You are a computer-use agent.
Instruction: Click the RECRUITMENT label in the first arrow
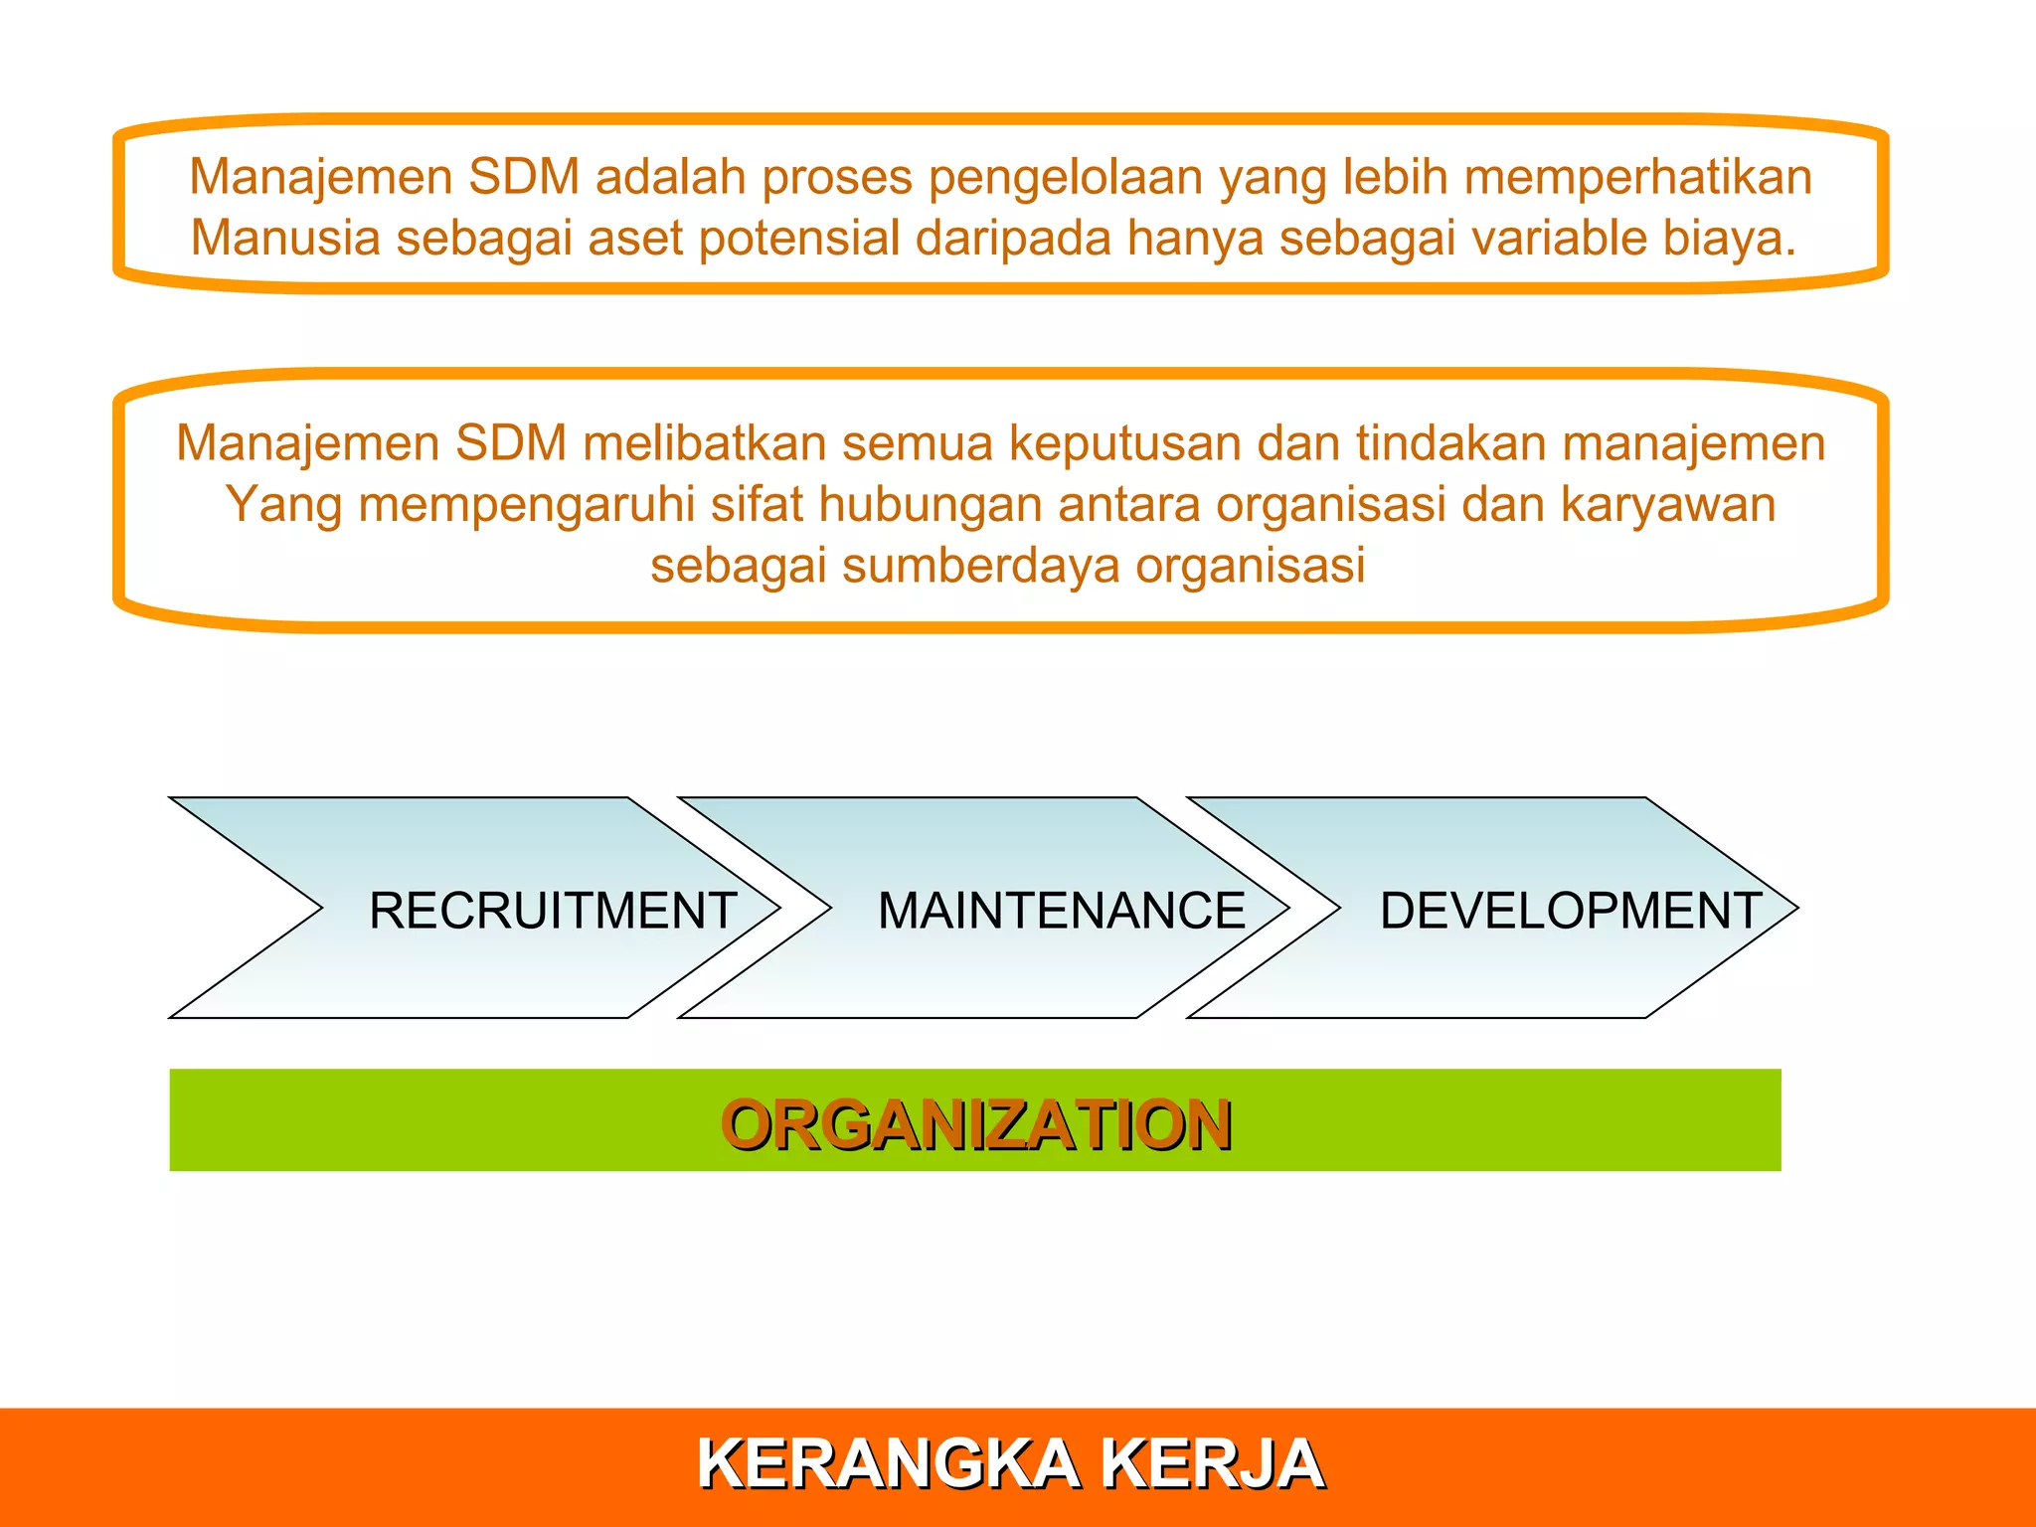tap(553, 911)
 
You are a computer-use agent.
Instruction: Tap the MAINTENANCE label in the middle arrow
tap(1061, 911)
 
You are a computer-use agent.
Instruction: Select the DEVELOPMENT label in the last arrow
tap(1571, 911)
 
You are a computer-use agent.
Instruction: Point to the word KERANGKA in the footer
tap(888, 1463)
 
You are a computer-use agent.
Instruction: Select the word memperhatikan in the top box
tap(1637, 177)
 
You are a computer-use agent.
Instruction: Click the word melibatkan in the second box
tap(705, 443)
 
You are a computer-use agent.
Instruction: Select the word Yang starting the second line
tap(282, 505)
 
